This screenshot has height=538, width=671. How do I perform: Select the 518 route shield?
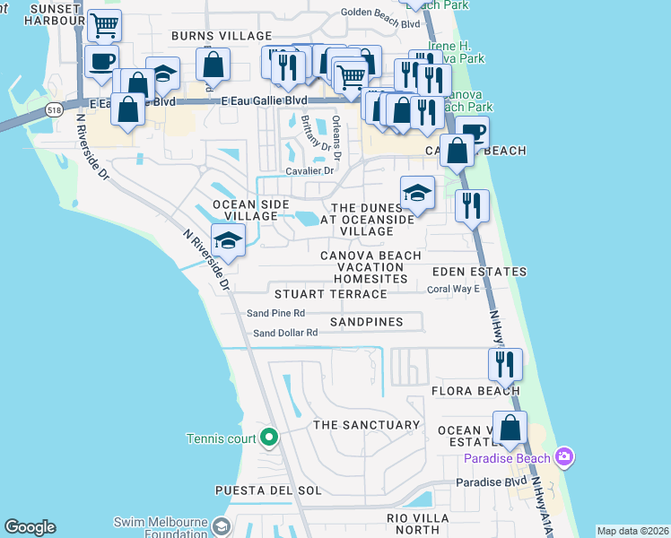(x=53, y=109)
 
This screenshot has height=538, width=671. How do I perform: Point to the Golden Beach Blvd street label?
(x=380, y=12)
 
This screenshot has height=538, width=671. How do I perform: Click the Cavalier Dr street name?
(x=309, y=170)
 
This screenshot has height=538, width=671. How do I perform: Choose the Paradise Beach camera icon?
(x=565, y=458)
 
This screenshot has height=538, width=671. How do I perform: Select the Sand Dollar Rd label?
(x=285, y=333)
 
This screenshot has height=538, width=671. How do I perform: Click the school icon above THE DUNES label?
(x=417, y=192)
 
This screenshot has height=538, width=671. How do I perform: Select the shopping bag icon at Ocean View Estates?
(x=510, y=428)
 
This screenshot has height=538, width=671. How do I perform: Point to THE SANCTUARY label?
(x=365, y=425)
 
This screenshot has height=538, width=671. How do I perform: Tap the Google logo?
(x=30, y=527)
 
